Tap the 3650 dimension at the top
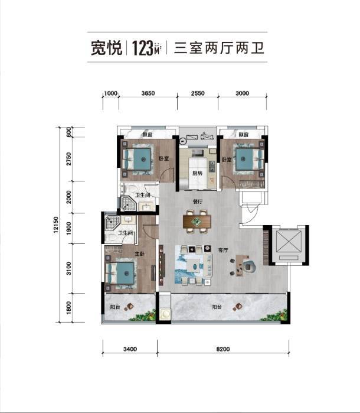[148, 93]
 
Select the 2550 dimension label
[197, 93]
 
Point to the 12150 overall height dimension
[55, 226]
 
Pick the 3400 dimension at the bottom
[130, 349]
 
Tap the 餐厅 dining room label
[198, 201]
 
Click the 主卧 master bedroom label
[140, 254]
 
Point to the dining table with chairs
[197, 222]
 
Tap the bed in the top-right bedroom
[248, 158]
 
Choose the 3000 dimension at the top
[242, 93]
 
